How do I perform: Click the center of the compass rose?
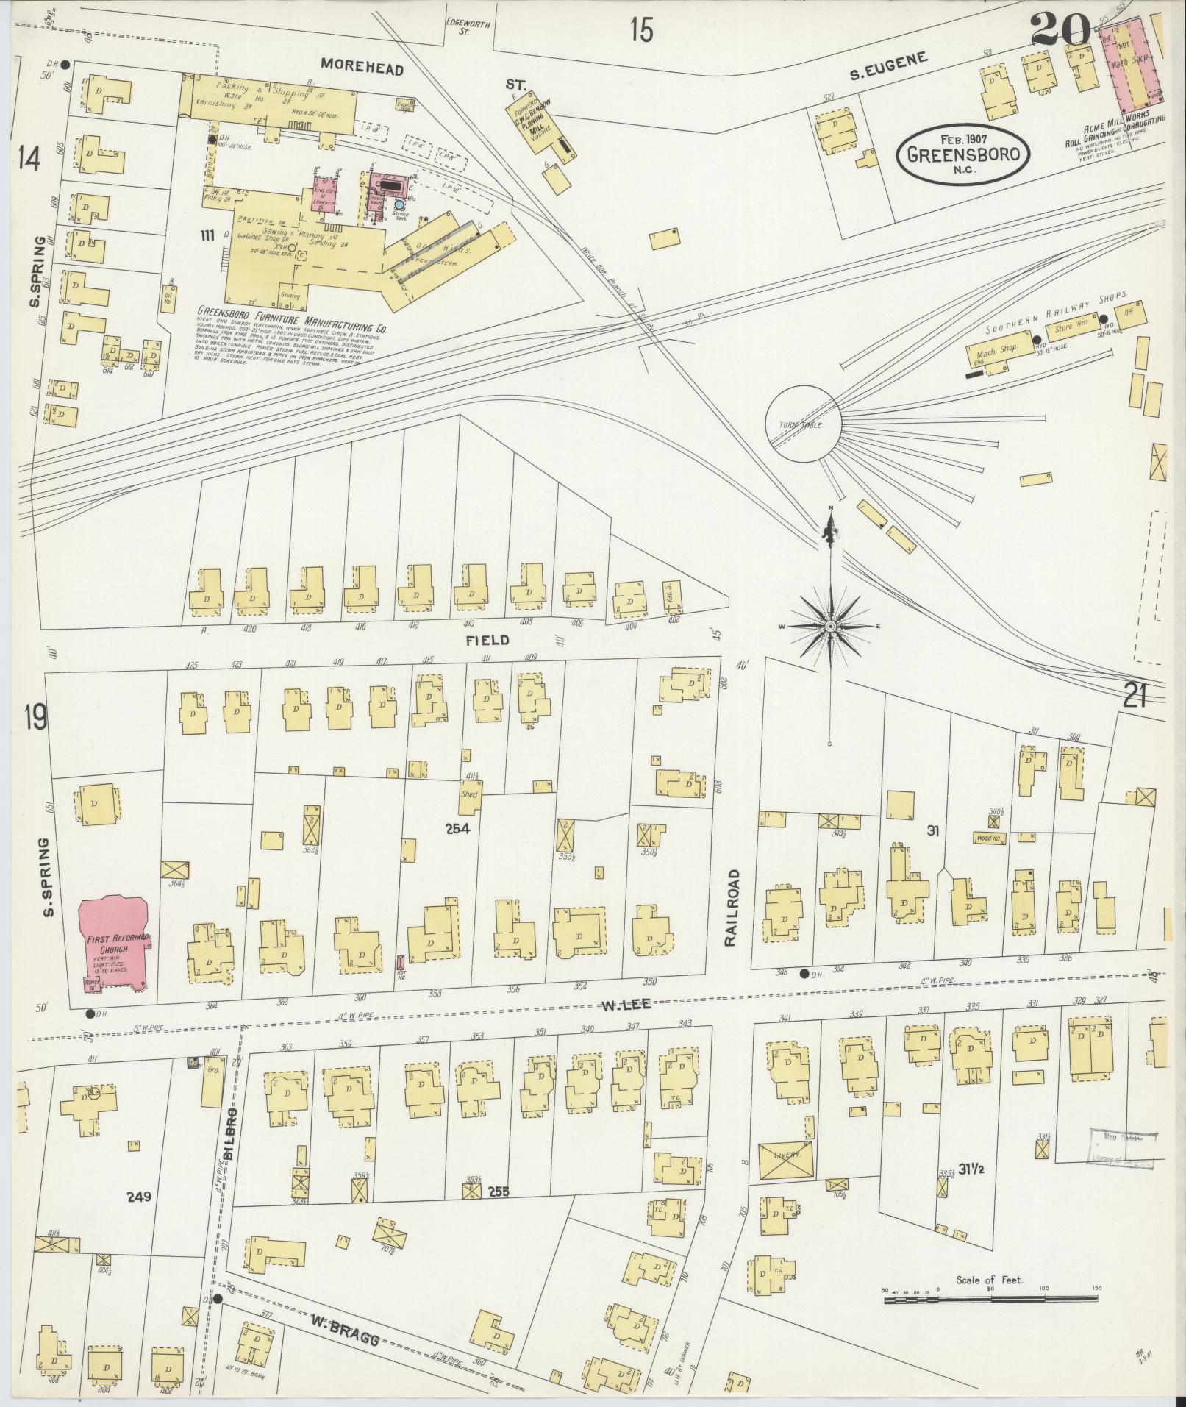tap(830, 626)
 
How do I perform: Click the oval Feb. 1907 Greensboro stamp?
tap(962, 152)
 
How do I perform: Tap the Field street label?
tap(487, 640)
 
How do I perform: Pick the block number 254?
tap(457, 828)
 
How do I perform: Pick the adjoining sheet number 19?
tap(35, 718)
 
